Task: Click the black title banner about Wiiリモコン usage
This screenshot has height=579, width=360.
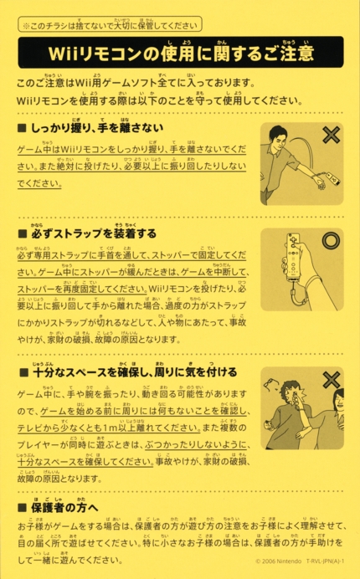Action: pyautogui.click(x=180, y=54)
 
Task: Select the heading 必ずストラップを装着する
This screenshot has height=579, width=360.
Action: pyautogui.click(x=87, y=233)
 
